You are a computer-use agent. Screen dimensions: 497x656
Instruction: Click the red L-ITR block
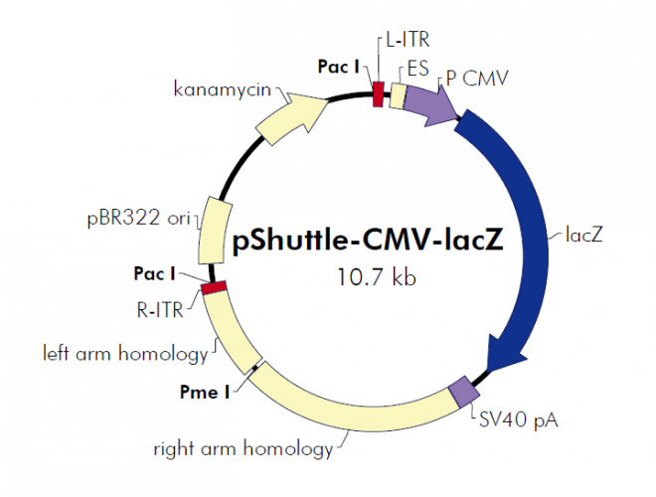tap(378, 95)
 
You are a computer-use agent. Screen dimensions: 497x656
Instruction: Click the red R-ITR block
tap(213, 287)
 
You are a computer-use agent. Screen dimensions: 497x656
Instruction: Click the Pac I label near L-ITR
tap(339, 67)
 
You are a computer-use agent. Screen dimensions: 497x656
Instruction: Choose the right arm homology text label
tap(243, 448)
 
